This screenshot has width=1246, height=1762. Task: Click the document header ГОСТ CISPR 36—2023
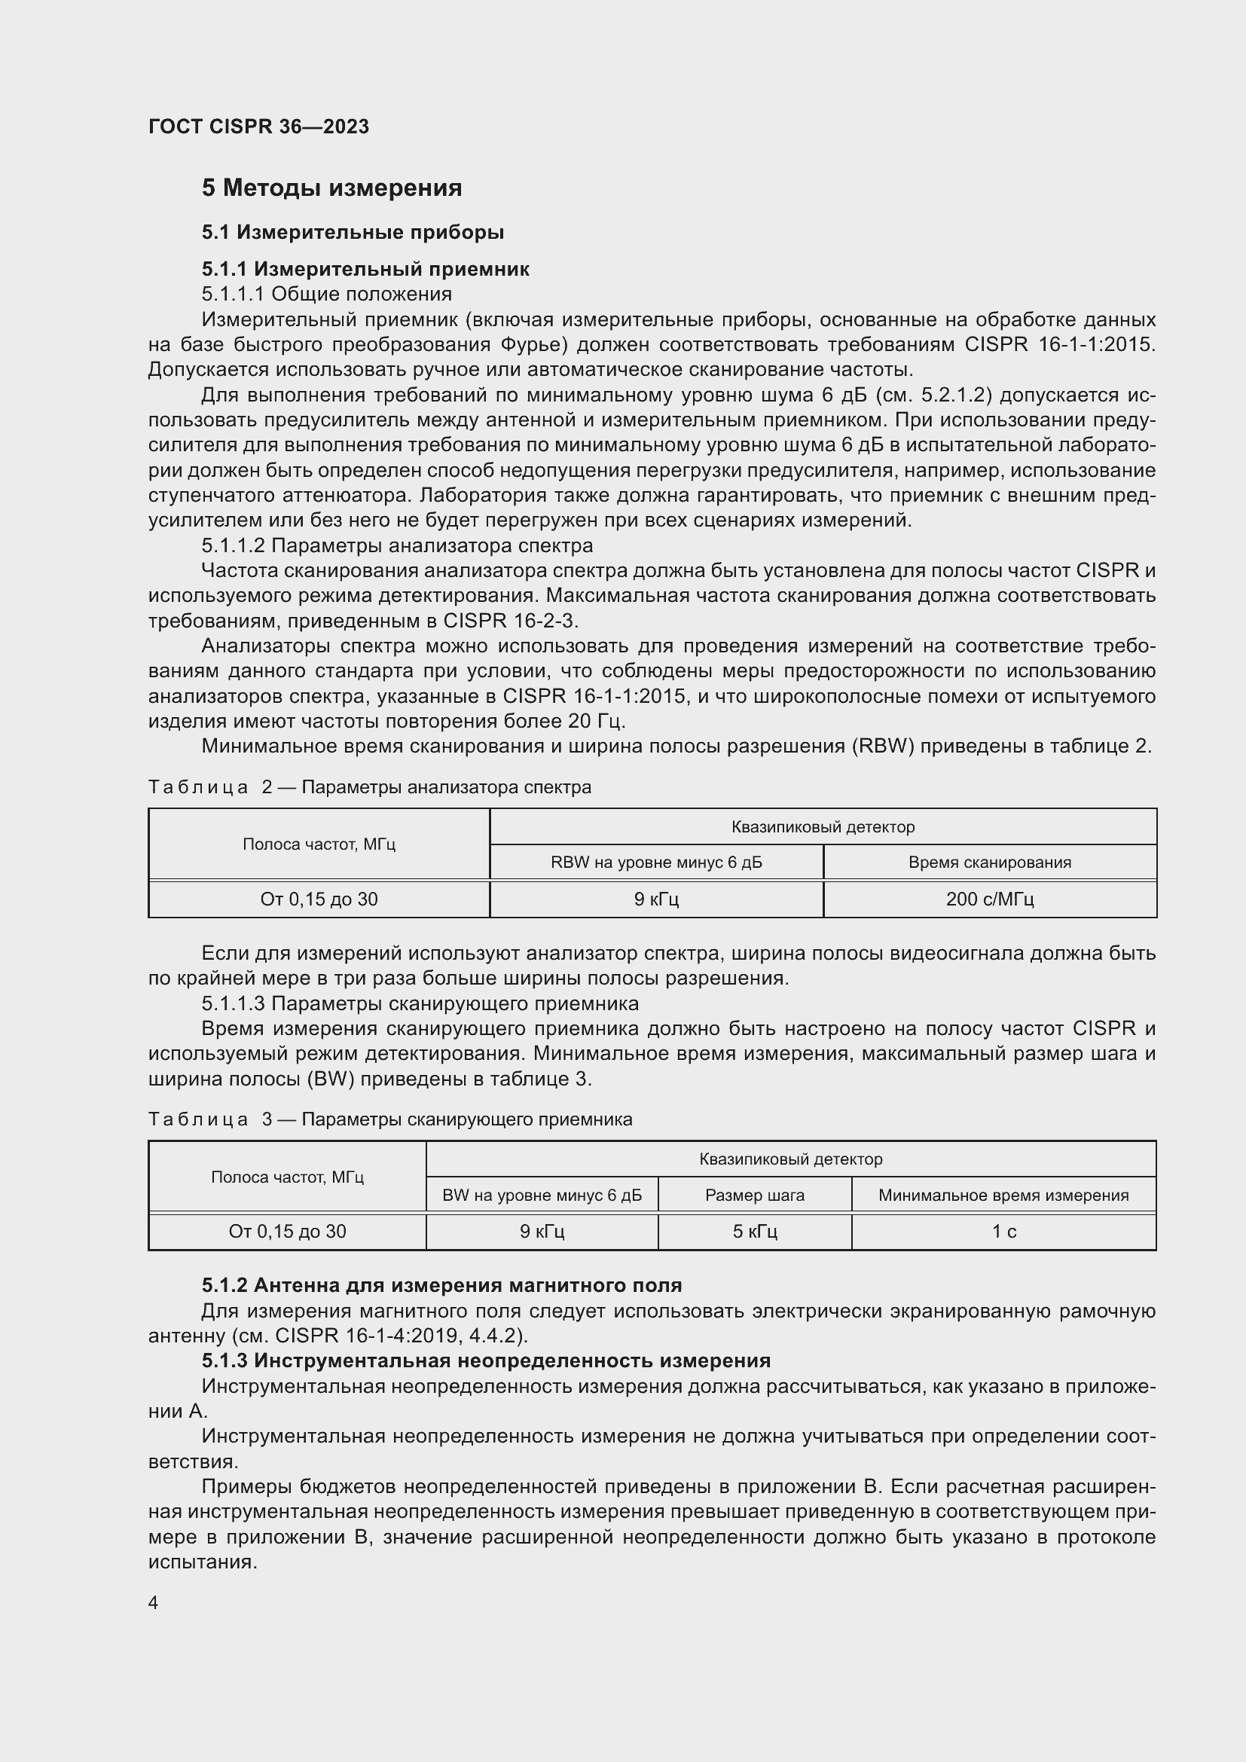tap(258, 127)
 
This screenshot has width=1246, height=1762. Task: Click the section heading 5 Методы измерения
tap(331, 188)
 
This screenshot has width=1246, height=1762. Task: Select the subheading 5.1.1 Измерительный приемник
tap(365, 269)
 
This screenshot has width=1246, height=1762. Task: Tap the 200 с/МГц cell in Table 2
tap(990, 899)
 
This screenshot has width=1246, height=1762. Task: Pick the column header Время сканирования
tap(990, 862)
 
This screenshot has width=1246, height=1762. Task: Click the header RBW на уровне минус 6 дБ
tap(656, 862)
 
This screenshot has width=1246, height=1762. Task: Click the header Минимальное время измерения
tap(1003, 1195)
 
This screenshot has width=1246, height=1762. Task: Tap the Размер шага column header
tap(755, 1195)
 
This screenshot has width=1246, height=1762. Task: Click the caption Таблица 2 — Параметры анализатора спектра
tap(369, 787)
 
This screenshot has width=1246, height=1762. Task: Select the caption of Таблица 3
tap(389, 1119)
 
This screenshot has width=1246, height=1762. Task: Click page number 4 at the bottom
tap(154, 1602)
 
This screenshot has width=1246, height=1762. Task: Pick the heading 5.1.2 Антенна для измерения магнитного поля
tap(442, 1284)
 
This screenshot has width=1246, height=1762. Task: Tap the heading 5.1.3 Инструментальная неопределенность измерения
tap(487, 1360)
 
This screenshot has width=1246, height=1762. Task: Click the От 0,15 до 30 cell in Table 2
tap(319, 899)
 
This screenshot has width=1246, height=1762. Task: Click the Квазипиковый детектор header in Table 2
tap(823, 826)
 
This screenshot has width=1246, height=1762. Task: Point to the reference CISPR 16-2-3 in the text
tap(511, 621)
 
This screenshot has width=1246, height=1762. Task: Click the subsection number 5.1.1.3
tap(234, 1003)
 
